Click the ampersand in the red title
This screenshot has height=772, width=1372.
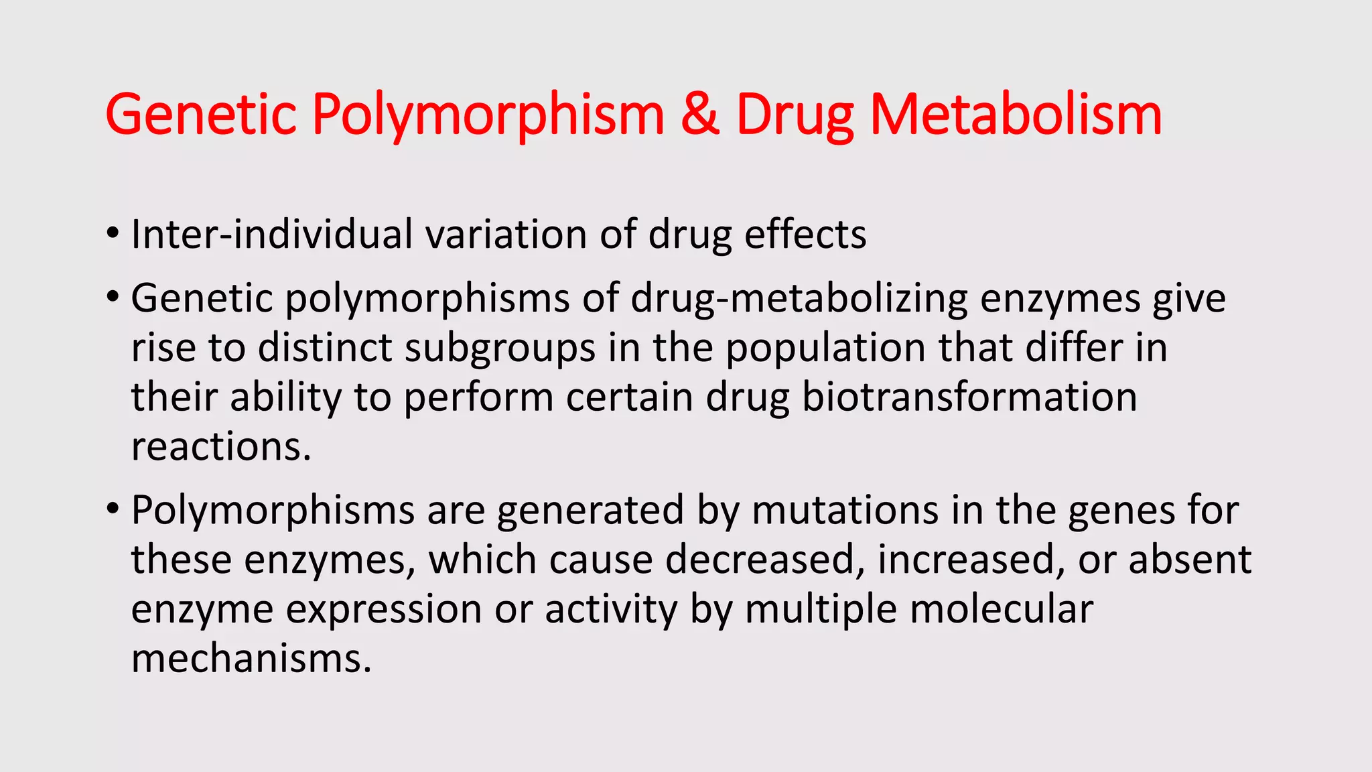(700, 114)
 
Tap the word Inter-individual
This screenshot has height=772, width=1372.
(272, 235)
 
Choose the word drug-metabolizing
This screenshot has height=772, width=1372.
(799, 299)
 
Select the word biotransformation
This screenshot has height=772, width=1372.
(969, 397)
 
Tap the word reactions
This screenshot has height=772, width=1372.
(221, 447)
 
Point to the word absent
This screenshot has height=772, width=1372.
(1190, 560)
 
